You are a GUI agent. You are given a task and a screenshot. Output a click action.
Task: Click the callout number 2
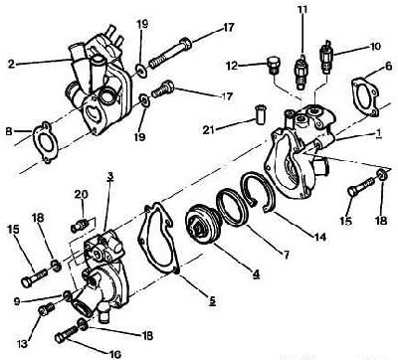click(x=12, y=64)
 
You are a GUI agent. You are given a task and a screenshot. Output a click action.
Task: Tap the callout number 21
click(x=209, y=130)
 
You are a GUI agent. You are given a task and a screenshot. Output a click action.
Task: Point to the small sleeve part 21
click(x=259, y=113)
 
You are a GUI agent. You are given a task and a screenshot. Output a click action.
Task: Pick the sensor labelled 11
click(x=299, y=72)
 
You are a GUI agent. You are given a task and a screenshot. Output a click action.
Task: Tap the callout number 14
click(x=320, y=237)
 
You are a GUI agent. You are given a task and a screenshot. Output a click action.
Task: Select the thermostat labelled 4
click(x=201, y=225)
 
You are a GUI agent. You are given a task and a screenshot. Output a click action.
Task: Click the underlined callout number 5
click(x=212, y=299)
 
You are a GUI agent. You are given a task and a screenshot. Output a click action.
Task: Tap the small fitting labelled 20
click(x=80, y=227)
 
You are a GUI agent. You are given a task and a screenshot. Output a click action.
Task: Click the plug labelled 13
click(x=46, y=309)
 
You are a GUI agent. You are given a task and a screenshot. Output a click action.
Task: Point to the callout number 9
click(x=17, y=301)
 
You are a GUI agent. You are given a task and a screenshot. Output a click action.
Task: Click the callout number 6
click(x=388, y=67)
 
